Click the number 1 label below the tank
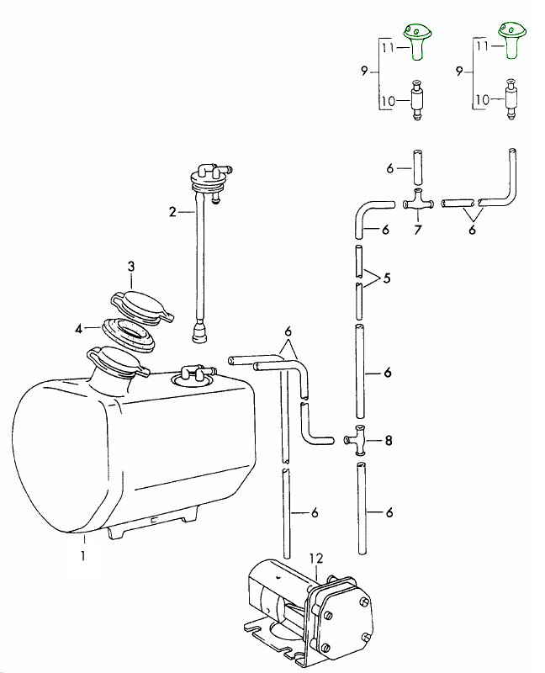click(83, 555)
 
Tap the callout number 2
click(172, 212)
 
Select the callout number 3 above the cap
click(131, 266)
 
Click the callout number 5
click(386, 277)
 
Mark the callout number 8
click(388, 439)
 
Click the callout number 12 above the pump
click(315, 557)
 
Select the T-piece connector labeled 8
click(359, 438)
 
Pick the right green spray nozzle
click(510, 39)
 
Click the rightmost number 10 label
click(481, 99)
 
